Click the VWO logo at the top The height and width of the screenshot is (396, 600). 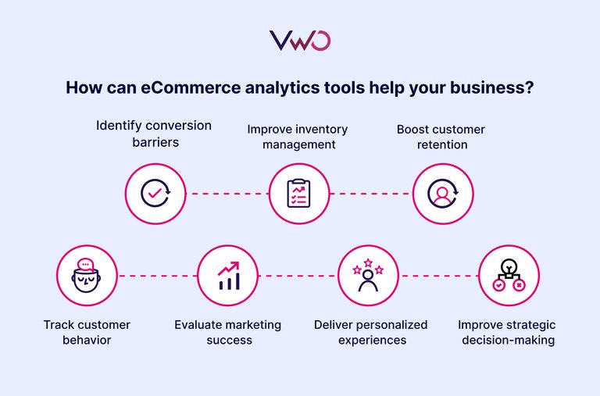pos(299,41)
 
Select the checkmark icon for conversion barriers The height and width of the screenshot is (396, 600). pos(156,193)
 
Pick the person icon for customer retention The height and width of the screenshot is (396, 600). pos(443,193)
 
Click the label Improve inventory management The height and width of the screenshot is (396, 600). pos(298,137)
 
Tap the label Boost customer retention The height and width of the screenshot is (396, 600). pos(441,137)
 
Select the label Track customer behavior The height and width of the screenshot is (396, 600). pos(87,332)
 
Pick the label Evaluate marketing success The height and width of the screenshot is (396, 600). pos(227,332)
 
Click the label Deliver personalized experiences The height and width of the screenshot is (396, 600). pos(370,332)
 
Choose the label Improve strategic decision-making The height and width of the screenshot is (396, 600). pos(506,332)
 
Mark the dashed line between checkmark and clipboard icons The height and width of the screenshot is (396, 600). pos(227,193)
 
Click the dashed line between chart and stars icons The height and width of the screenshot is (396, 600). pos(298,276)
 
